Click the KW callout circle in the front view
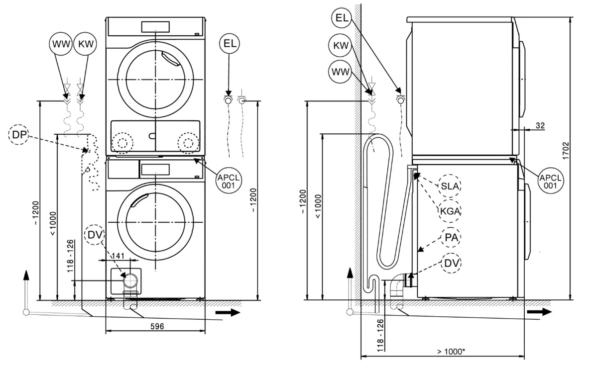85,44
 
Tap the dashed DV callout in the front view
95,235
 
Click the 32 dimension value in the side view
540,125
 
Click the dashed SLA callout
450,186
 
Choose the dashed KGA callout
449,211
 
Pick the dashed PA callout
450,238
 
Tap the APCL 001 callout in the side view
551,181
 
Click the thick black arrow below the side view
539,312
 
